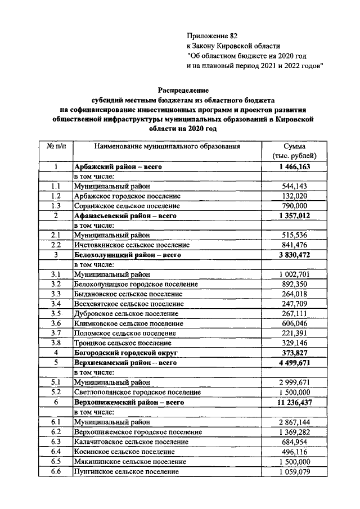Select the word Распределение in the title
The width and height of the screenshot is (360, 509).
pos(183,89)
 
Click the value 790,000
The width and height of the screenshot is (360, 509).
pos(294,205)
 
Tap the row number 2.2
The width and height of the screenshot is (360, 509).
pos(56,245)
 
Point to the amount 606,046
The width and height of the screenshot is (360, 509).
pos(294,323)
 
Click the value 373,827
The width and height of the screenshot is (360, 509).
pos(294,353)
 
